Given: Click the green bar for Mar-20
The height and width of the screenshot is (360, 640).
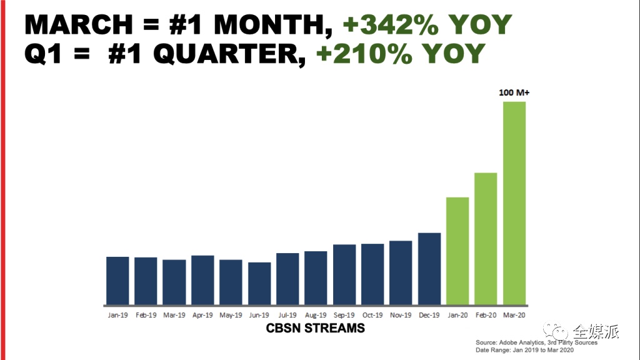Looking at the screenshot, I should (514, 202).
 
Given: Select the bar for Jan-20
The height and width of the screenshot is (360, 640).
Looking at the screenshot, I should (457, 251).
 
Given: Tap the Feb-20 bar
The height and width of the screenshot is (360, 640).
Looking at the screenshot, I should (486, 238).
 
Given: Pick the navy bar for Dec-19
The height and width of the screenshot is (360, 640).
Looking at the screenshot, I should (429, 268).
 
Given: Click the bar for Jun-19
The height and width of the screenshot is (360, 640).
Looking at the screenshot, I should (259, 283).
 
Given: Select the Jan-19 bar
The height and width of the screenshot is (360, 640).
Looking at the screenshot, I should (117, 280).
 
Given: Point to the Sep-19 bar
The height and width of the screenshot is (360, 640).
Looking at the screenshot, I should (344, 274).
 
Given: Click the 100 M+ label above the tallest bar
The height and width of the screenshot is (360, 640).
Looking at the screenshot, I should (514, 92).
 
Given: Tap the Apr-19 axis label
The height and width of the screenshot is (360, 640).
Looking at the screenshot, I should (202, 315).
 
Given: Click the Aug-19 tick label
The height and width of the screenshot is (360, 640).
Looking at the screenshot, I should (316, 315).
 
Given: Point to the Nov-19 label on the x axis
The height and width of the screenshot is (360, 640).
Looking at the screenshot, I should (401, 315).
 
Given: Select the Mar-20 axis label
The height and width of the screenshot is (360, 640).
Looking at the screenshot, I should (514, 315).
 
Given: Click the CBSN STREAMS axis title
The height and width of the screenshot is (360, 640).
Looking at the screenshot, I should (316, 328).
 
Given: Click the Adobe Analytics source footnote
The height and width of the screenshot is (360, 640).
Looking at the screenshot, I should (536, 342).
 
